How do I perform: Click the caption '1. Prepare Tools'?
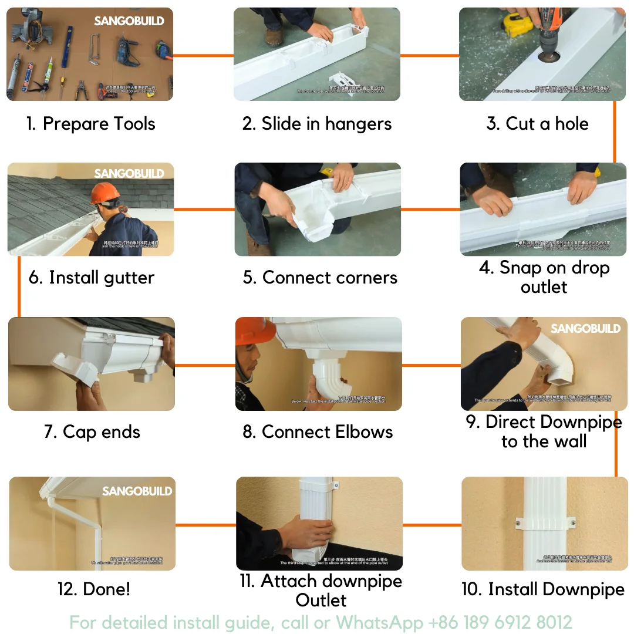(x=91, y=124)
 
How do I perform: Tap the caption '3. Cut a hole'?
(x=537, y=124)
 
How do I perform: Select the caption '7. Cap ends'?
(x=92, y=432)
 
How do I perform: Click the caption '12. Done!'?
(x=94, y=589)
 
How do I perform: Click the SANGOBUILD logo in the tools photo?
(x=129, y=21)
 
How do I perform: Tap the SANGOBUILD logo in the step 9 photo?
(x=585, y=329)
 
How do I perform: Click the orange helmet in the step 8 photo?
(x=255, y=332)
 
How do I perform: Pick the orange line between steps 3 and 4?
(x=615, y=131)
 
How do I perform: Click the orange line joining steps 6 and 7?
(x=19, y=286)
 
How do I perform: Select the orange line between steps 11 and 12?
(x=205, y=524)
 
